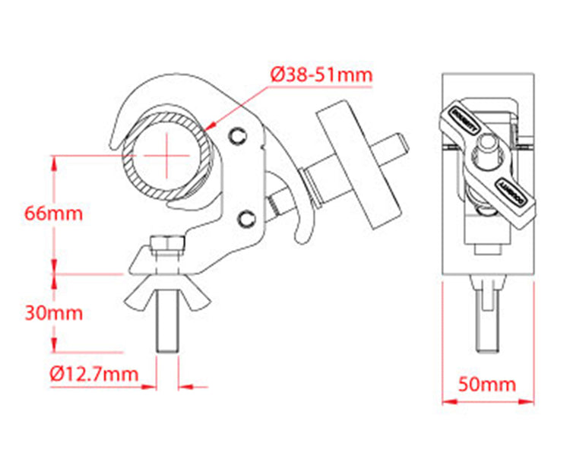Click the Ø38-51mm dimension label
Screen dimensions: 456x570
(321, 74)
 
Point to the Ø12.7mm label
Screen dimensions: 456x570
(94, 374)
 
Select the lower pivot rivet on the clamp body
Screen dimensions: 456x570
(245, 219)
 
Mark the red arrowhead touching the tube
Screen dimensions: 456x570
(212, 123)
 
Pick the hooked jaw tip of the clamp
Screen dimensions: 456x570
(119, 137)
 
